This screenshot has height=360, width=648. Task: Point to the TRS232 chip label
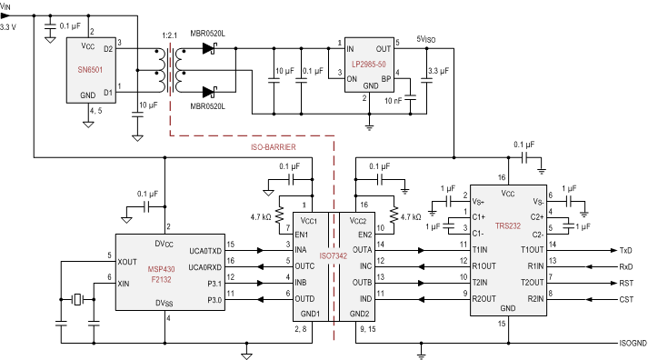coord(508,224)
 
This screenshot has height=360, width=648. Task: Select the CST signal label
coord(627,297)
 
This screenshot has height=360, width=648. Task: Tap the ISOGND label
coord(626,344)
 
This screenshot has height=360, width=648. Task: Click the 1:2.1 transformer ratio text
coord(168,35)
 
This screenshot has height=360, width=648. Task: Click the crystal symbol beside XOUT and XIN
coord(79,299)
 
